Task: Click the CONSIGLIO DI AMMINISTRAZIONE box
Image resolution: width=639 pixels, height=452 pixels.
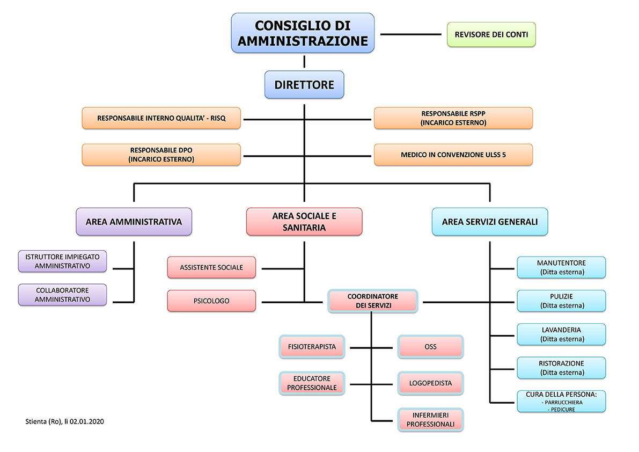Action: (303, 33)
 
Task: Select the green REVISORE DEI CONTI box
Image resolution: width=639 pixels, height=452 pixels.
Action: (491, 34)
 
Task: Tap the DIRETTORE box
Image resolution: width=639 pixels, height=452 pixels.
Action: (304, 85)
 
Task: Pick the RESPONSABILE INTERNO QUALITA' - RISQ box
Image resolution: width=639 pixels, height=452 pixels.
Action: (161, 118)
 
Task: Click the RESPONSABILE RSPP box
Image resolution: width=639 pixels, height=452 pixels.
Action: (453, 118)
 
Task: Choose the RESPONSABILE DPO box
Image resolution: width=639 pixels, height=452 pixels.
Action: (161, 155)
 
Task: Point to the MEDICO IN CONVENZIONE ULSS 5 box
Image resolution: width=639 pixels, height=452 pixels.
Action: (453, 155)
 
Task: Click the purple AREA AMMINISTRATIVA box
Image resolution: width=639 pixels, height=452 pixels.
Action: (134, 222)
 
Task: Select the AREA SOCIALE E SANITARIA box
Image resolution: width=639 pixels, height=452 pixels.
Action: (304, 222)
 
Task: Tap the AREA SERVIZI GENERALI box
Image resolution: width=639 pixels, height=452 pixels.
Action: (490, 222)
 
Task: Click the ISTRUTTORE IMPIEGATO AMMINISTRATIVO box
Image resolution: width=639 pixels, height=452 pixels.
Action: (62, 261)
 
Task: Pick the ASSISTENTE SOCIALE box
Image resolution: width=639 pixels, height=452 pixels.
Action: (211, 267)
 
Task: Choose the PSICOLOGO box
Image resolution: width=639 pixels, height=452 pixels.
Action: (211, 301)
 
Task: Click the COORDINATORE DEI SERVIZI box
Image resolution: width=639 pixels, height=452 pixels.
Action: (372, 301)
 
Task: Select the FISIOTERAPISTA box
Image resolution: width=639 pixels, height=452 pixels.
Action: (312, 347)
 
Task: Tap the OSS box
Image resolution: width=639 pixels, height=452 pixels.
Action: (430, 347)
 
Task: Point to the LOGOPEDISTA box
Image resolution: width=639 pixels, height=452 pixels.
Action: (430, 383)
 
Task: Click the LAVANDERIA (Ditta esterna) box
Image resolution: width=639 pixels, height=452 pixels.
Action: (561, 334)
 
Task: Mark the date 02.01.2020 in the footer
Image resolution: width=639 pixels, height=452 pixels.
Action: (87, 421)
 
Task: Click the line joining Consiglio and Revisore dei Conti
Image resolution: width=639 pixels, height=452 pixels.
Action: (410, 34)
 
